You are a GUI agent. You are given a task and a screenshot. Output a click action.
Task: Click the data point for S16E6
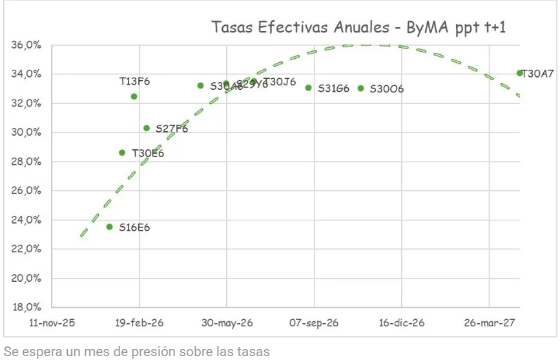(110, 227)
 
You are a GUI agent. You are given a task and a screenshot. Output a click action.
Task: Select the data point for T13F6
(134, 96)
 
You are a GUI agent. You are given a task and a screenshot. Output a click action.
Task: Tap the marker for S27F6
(147, 128)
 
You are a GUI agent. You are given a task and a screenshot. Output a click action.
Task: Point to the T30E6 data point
(122, 153)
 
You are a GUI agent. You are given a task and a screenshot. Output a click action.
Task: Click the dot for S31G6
(309, 88)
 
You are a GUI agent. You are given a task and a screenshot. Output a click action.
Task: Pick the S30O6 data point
(360, 88)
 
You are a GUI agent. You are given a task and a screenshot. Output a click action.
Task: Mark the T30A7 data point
(520, 73)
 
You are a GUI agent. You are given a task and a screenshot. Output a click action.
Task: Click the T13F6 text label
(134, 81)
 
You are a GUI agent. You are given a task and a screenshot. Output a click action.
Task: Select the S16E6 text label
(134, 228)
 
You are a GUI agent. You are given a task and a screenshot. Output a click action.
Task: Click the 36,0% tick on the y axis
(27, 45)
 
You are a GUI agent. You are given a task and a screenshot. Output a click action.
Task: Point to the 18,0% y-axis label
(27, 308)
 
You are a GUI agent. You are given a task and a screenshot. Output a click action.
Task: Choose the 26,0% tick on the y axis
(27, 191)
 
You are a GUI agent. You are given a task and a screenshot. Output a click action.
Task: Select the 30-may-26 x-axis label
(227, 323)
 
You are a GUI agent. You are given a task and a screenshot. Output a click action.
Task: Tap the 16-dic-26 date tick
(401, 323)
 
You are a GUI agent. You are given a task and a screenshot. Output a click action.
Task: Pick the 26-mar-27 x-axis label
(489, 323)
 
